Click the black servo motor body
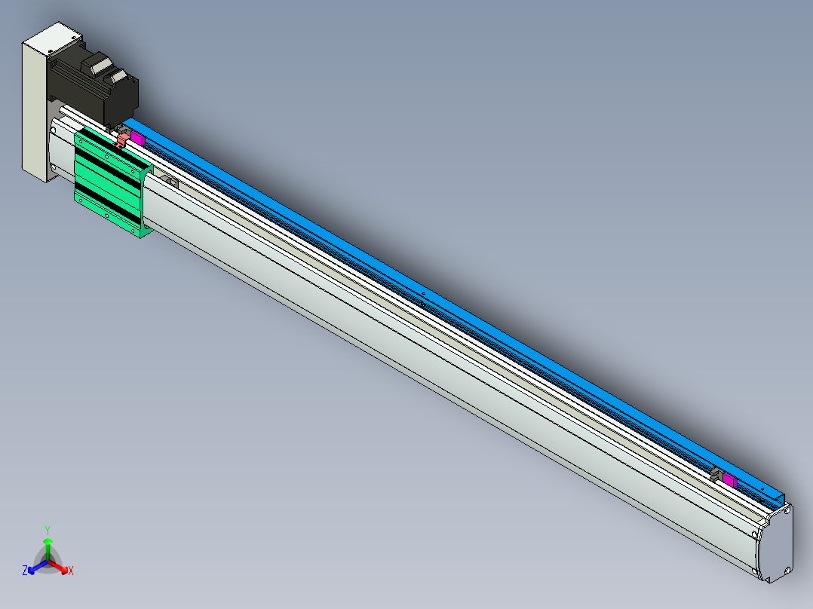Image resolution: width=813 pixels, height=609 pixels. [x=96, y=88]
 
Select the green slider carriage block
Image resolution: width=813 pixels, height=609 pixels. [x=113, y=182]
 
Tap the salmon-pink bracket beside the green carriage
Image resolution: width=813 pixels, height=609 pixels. [x=122, y=140]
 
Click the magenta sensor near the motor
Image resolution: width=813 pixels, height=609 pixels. [x=137, y=138]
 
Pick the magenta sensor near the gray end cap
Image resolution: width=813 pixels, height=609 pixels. [x=729, y=480]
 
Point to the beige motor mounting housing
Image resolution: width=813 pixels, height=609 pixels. [x=39, y=104]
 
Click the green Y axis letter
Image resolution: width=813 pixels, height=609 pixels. [x=48, y=530]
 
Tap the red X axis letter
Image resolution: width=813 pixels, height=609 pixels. [x=71, y=571]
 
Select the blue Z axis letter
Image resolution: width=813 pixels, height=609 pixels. [x=25, y=571]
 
